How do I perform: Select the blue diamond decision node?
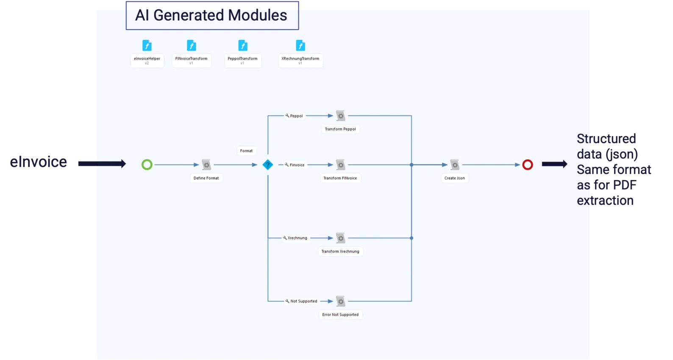tap(268, 165)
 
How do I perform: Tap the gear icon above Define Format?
tap(206, 165)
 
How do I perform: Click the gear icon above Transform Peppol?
tap(340, 116)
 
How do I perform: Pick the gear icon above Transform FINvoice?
tap(340, 165)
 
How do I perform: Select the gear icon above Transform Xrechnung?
tap(340, 238)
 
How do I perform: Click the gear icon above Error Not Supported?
tap(340, 301)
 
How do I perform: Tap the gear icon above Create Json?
tap(455, 165)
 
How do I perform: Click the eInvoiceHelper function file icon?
tap(147, 45)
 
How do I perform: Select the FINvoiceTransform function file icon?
tap(192, 45)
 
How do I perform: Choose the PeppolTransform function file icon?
tap(243, 45)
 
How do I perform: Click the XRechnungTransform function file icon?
tap(300, 45)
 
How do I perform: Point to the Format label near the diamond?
tap(246, 151)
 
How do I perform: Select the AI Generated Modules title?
tap(211, 15)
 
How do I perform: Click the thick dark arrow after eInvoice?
tap(102, 164)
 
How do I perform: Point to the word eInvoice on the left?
tap(39, 162)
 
